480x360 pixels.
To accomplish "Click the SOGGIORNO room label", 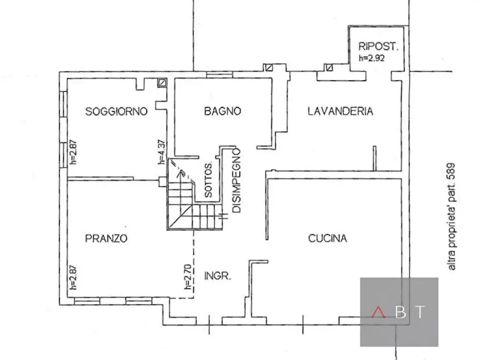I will [x=117, y=111].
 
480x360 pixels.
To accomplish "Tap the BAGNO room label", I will [x=222, y=111].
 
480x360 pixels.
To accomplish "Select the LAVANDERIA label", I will [x=340, y=111].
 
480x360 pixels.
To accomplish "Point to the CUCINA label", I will [x=327, y=239].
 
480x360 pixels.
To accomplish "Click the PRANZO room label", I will [x=106, y=239].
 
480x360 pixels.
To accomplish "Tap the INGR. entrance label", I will [x=218, y=277].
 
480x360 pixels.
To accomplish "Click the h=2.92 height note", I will [x=372, y=58].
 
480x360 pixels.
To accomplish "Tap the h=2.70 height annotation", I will [x=187, y=285].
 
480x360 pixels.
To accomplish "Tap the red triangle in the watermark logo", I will [x=379, y=312].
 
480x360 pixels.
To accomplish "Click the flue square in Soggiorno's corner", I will [x=162, y=83].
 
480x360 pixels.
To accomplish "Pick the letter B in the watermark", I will [x=400, y=312].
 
